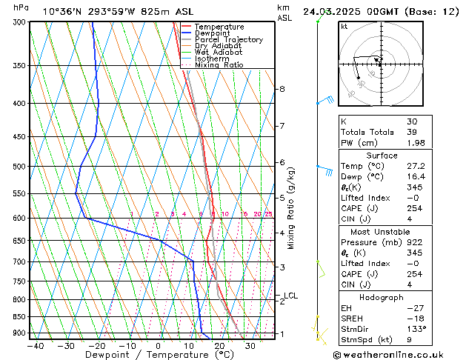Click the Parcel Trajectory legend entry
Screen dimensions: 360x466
tap(228, 40)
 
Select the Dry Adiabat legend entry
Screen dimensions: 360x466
tap(218, 46)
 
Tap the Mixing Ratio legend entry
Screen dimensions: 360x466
tap(219, 65)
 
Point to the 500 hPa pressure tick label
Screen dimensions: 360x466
tap(20, 167)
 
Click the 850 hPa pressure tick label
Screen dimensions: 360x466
tap(20, 317)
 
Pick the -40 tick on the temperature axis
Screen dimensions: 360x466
tap(35, 346)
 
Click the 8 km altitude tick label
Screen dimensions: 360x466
tap(282, 89)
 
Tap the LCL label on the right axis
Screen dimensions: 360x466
tap(291, 296)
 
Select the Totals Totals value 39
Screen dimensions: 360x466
tap(412, 132)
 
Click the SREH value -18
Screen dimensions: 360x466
tap(414, 318)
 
